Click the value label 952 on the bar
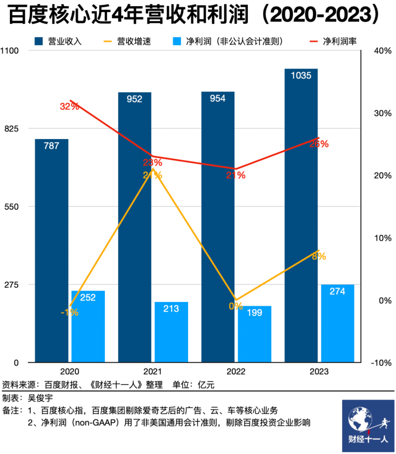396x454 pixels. click(134, 99)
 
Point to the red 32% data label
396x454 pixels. click(69, 106)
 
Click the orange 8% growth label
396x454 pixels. click(319, 256)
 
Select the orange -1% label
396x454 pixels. click(69, 312)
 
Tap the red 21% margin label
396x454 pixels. click(236, 175)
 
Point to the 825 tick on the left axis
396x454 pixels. click(11, 129)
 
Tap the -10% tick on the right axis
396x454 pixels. click(382, 363)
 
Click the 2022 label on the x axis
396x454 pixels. click(236, 372)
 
